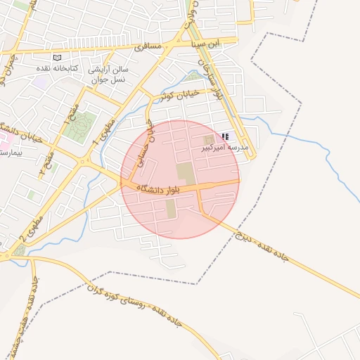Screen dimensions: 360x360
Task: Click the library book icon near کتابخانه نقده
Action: coord(58,58)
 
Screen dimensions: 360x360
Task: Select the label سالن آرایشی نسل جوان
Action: coord(110,75)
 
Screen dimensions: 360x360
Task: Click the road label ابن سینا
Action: coord(205,44)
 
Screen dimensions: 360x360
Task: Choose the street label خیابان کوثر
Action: coord(179,94)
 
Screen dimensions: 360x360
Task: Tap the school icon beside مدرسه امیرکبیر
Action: coord(225,136)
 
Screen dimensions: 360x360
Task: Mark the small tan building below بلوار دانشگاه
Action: coord(171,208)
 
